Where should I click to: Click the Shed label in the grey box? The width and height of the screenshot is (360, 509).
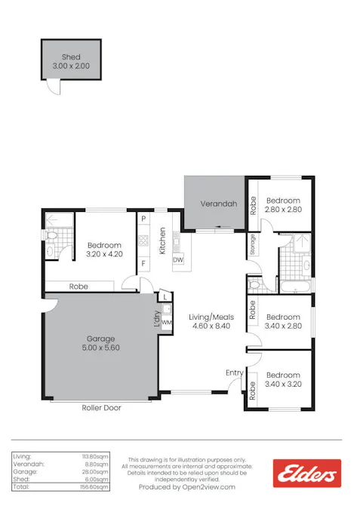coord(71,57)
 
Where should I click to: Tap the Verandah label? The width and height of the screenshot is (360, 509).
coord(218,204)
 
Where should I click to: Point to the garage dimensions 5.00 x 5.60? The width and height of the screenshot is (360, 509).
coord(102,348)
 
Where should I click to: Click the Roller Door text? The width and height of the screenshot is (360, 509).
coord(101,407)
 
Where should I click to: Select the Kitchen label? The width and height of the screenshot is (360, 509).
coord(162,241)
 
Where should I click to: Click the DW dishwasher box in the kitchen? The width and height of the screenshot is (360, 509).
coord(178,260)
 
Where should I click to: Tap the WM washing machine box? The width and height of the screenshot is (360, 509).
coord(167,323)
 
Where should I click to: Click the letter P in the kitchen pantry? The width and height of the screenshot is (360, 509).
coord(143,219)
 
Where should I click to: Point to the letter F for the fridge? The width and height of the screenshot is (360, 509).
coord(143,263)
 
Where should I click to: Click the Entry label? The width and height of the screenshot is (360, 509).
coord(234,373)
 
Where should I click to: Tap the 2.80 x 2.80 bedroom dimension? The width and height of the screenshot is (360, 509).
coord(283,210)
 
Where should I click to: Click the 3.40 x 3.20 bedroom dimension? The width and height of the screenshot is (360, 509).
coord(283,384)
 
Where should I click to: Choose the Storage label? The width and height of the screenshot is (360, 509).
coord(253,244)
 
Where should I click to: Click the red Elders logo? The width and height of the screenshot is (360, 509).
coord(306,473)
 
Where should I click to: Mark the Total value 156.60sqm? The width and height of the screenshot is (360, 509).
coord(96,487)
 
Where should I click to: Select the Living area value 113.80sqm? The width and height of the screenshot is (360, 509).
coord(96,457)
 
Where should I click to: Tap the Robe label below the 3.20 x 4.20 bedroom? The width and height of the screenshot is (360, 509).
coord(78,287)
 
